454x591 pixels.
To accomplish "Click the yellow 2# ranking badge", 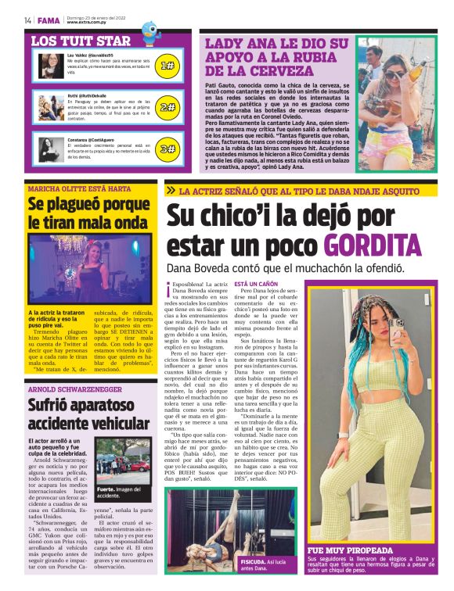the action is point(167,107).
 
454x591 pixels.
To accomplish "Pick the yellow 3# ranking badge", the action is point(167,148).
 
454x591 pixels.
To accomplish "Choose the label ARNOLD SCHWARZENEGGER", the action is point(75,389).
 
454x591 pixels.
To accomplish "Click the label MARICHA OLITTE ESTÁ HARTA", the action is point(78,188).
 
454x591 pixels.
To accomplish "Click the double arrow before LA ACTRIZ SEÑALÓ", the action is point(171,190).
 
